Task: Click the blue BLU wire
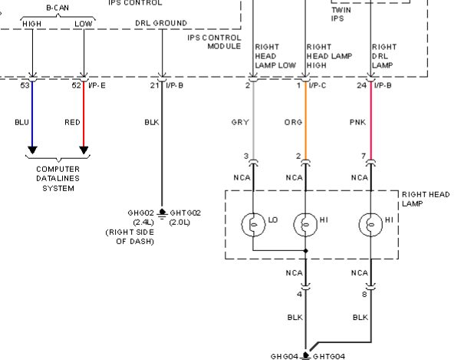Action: [x=32, y=114]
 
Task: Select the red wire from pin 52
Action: [x=84, y=114]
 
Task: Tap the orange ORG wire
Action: [x=306, y=121]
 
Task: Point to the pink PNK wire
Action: [x=371, y=121]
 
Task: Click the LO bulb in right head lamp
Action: [x=253, y=225]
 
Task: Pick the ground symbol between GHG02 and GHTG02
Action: [x=162, y=214]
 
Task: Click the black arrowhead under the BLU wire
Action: [x=32, y=150]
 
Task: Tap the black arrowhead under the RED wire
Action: [x=84, y=150]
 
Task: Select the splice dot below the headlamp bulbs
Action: [x=306, y=251]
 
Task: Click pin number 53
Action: [x=25, y=85]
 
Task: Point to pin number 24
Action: [x=361, y=85]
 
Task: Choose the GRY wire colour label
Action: [x=240, y=122]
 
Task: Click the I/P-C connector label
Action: [x=318, y=85]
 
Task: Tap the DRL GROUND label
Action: [x=161, y=23]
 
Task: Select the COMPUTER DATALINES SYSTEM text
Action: [x=58, y=179]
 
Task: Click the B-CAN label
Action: [x=58, y=8]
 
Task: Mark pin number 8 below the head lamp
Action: [x=364, y=294]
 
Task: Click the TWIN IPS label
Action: [x=341, y=14]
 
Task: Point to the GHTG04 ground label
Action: [x=329, y=356]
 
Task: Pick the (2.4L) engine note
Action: [x=143, y=222]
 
